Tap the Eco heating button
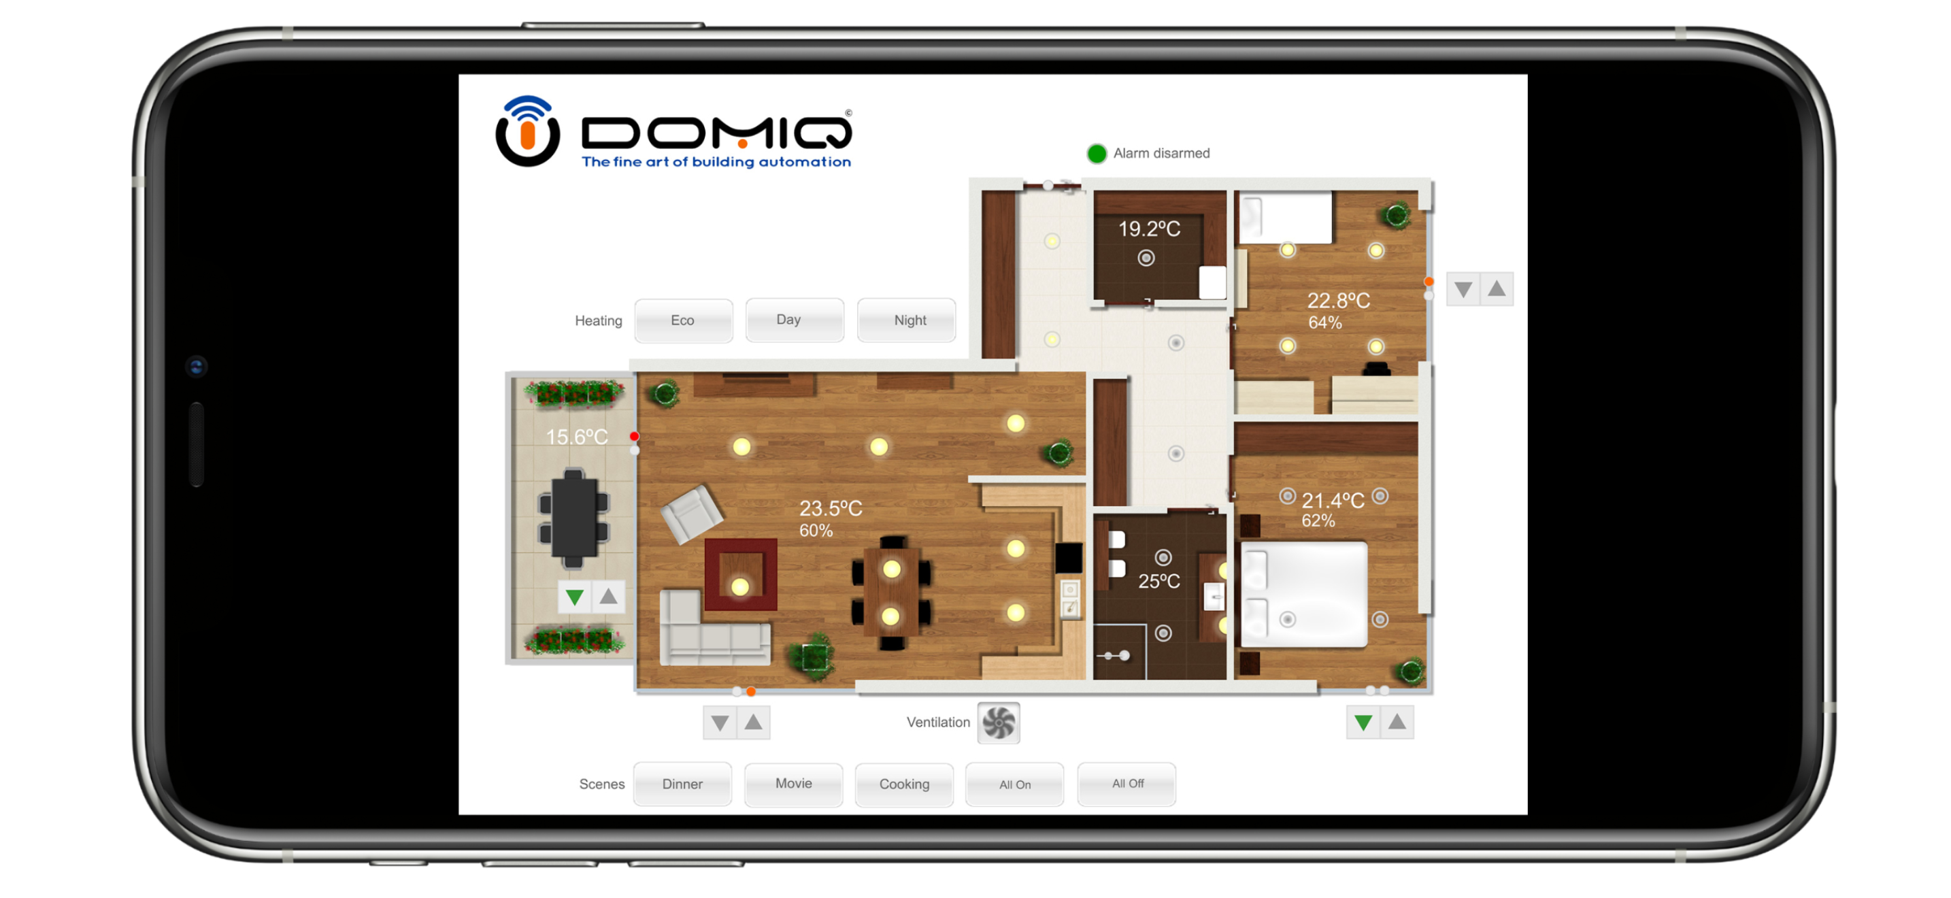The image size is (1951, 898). [682, 320]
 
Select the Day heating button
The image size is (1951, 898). [794, 320]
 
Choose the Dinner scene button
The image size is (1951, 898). [682, 784]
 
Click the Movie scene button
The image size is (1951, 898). [793, 784]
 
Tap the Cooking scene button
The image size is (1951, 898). [903, 784]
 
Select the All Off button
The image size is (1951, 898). [1127, 784]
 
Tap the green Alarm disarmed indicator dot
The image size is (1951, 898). [1096, 154]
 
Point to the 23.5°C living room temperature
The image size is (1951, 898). [830, 508]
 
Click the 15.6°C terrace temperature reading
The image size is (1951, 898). [576, 437]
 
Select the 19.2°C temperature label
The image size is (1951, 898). [1149, 229]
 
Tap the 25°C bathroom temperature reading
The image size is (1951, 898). [1158, 581]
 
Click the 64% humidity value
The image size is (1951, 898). [1324, 322]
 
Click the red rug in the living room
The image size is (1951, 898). [741, 574]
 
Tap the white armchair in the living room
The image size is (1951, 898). [691, 514]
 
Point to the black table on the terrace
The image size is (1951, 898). [573, 518]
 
